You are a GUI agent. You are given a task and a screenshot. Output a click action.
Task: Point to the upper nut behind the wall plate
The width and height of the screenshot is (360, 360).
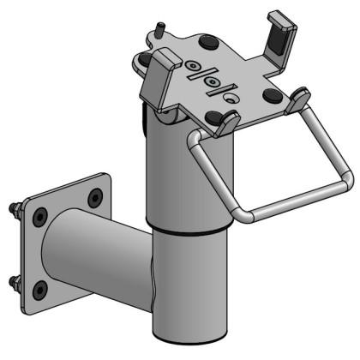click(x=17, y=208)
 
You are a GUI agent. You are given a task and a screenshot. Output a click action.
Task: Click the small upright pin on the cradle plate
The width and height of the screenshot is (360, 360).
click(x=159, y=29)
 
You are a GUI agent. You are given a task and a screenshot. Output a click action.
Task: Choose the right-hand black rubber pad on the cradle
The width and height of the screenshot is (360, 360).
click(x=272, y=93)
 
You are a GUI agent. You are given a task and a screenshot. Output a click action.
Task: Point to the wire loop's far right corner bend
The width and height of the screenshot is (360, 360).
click(x=345, y=180)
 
